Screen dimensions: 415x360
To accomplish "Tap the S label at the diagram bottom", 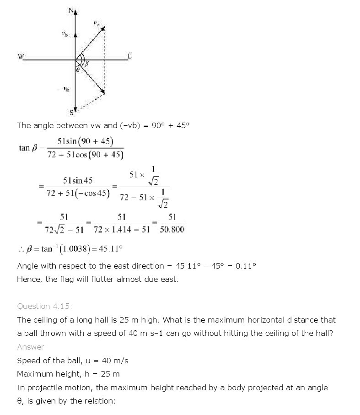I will point(71,112).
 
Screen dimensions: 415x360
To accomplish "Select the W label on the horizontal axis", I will point(21,57).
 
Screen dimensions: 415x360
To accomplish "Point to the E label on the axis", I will point(129,56).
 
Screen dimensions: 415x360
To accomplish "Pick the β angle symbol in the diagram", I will point(86,65).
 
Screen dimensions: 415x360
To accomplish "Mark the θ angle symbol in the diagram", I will point(77,70).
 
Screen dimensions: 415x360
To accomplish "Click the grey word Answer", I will point(31,347).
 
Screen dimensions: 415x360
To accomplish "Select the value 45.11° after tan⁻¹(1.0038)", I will point(112,249).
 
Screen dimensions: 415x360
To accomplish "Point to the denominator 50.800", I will point(172,229).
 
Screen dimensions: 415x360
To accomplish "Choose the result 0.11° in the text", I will point(247,266).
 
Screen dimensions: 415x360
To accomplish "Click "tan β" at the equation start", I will point(25,148).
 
